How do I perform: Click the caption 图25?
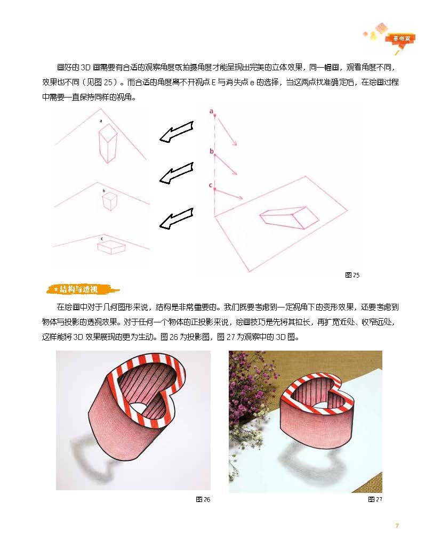352,275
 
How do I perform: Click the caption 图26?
203,499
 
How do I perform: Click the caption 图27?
375,499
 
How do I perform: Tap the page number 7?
397,526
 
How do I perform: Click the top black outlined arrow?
177,132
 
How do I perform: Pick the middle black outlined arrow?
177,173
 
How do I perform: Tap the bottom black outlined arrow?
177,218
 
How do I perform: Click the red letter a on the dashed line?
211,111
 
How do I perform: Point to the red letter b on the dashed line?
212,151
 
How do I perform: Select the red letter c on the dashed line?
211,185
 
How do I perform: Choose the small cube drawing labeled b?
109,201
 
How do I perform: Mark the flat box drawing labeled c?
111,248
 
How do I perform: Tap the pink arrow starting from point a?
227,132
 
